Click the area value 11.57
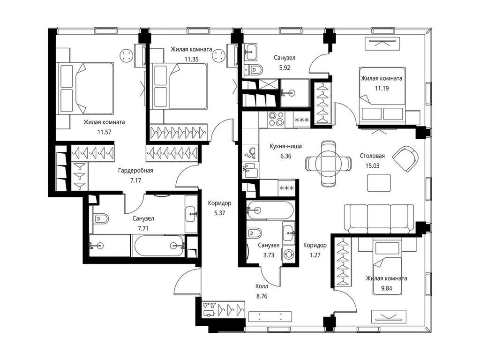click(104, 132)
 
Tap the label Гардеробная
click(135, 171)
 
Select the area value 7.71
click(143, 228)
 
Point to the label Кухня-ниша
click(285, 146)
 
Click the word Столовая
click(372, 156)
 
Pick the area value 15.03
click(372, 165)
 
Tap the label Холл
click(262, 286)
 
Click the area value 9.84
click(386, 288)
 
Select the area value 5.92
click(285, 67)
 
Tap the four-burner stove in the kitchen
click(276, 119)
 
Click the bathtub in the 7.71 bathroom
click(158, 245)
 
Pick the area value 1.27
click(315, 255)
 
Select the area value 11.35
click(192, 60)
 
